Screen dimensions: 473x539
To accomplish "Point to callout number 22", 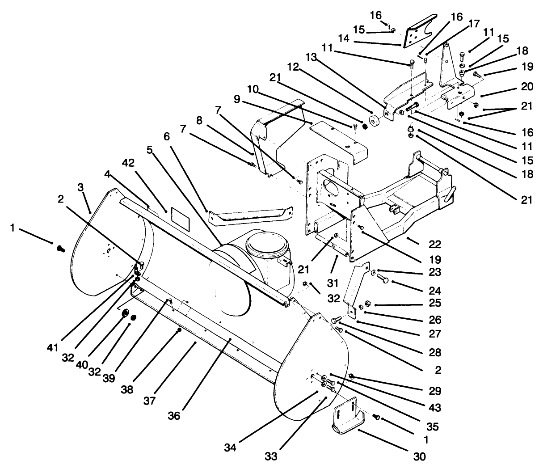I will point(434,244).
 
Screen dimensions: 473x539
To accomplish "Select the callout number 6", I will point(167,137).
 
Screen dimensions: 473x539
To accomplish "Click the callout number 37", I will point(149,400).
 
